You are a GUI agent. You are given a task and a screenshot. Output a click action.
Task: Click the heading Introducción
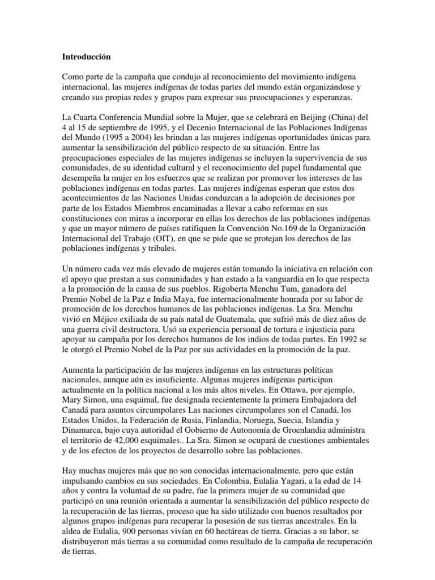pos(87,57)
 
